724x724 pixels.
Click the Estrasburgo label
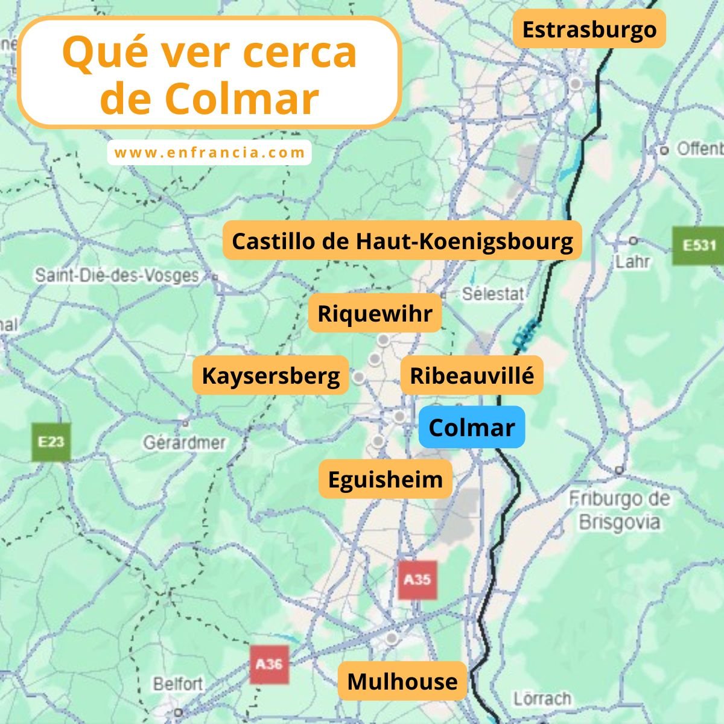click(589, 29)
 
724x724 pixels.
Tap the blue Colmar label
click(471, 427)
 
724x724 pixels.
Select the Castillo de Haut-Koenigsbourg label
click(402, 241)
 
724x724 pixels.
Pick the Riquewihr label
click(375, 314)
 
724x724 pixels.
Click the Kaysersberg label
click(271, 375)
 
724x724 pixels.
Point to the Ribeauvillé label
click(472, 375)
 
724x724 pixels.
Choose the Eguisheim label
click(386, 479)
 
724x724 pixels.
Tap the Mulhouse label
click(402, 681)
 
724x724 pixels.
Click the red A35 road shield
click(417, 580)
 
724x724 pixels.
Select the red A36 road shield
click(268, 664)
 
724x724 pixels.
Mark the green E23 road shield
click(51, 442)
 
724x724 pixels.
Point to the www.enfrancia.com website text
click(209, 153)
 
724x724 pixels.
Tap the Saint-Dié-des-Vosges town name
click(116, 276)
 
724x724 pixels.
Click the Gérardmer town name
click(184, 443)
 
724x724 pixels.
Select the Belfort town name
click(177, 684)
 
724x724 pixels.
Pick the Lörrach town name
click(542, 699)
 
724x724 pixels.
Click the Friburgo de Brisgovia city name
click(619, 510)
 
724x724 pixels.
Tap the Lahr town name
click(632, 261)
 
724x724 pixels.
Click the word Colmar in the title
click(241, 99)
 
